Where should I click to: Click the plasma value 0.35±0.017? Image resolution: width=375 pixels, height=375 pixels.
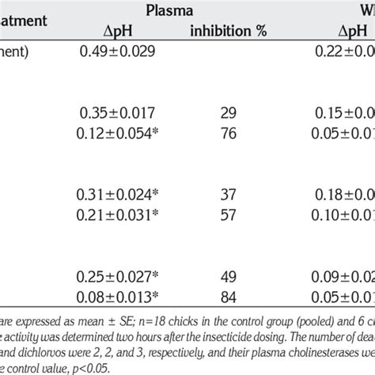coord(119,112)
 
